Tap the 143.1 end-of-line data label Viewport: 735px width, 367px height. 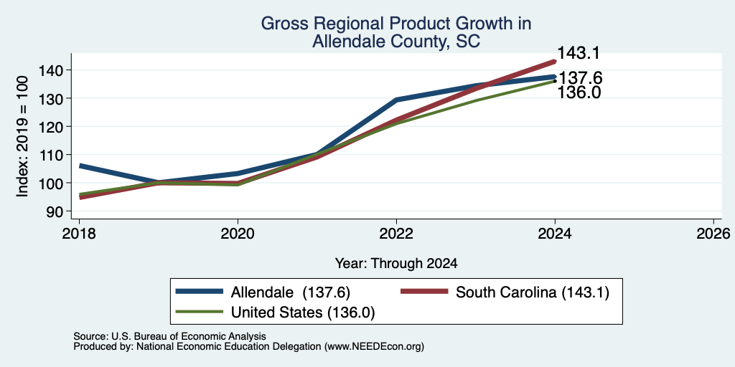point(579,53)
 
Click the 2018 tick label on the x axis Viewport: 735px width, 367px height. point(79,234)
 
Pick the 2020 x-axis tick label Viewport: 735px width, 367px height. point(238,234)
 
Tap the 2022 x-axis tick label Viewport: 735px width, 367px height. point(396,234)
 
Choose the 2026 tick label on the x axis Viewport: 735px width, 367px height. point(713,234)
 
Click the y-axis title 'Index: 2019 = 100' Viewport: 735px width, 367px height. point(22,136)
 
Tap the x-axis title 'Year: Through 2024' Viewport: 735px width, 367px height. point(396,264)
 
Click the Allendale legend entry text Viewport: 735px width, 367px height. point(291,292)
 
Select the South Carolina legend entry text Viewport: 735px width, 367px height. point(533,292)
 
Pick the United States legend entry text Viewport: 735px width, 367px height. point(303,313)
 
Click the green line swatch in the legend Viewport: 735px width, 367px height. point(200,311)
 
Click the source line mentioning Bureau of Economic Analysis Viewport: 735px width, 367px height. point(169,336)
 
